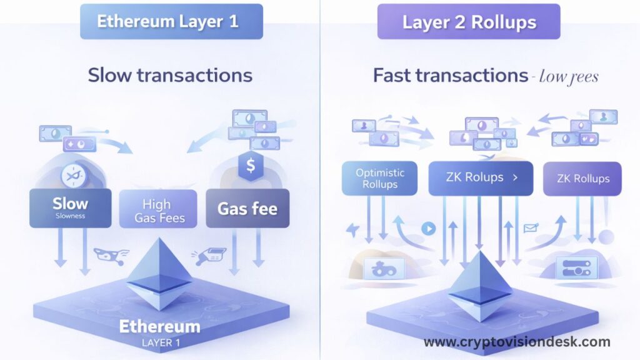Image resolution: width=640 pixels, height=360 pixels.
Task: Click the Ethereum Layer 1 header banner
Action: tap(171, 22)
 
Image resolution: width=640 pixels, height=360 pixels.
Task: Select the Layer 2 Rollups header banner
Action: tap(469, 22)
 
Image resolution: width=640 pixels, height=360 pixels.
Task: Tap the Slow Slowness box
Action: tap(70, 208)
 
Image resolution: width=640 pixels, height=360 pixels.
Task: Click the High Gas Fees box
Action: tap(158, 209)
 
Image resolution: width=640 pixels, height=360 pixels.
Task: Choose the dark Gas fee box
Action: tap(247, 208)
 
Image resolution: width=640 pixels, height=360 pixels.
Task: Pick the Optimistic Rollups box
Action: tap(379, 178)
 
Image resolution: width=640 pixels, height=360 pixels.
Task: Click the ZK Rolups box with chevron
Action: tap(481, 178)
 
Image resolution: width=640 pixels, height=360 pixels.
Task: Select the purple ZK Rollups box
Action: tap(582, 178)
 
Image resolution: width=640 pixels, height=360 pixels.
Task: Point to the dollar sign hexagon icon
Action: tap(251, 165)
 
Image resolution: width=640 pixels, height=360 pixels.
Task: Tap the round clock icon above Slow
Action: tap(74, 176)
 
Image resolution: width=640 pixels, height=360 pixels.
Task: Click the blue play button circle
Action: tap(429, 229)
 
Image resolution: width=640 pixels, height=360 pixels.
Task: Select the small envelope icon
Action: tap(531, 227)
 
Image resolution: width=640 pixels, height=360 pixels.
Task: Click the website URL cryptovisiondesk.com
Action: tap(517, 342)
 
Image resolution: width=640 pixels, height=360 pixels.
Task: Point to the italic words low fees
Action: tap(569, 76)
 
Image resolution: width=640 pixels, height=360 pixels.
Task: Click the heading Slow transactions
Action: tap(170, 75)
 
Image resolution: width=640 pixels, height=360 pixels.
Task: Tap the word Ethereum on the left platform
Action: tap(159, 326)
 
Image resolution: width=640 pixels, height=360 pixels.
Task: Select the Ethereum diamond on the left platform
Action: tap(159, 274)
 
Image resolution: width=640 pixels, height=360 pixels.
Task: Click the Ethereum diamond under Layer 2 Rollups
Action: tap(480, 286)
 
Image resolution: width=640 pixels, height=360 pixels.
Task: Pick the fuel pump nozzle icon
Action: tap(209, 256)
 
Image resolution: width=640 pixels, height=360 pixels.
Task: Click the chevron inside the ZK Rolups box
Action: tap(515, 177)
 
